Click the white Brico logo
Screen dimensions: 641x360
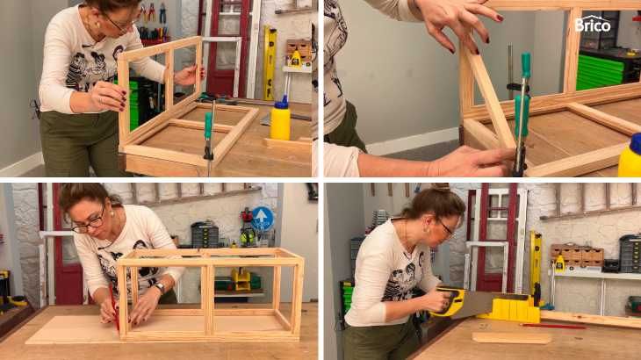pos(593,24)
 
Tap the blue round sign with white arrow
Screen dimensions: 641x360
pos(262,219)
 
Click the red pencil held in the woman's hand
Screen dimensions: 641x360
pos(114,306)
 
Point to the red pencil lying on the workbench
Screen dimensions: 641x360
pos(553,326)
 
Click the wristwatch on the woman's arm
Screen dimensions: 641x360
pos(160,287)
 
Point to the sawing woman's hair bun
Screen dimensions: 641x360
pos(442,188)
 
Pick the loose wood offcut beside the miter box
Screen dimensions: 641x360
pos(511,338)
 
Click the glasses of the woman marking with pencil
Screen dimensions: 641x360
pos(89,224)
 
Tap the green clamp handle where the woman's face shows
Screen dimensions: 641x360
pos(208,126)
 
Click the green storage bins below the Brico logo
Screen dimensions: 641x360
pos(600,73)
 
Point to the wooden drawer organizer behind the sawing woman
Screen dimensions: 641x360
pos(576,255)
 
